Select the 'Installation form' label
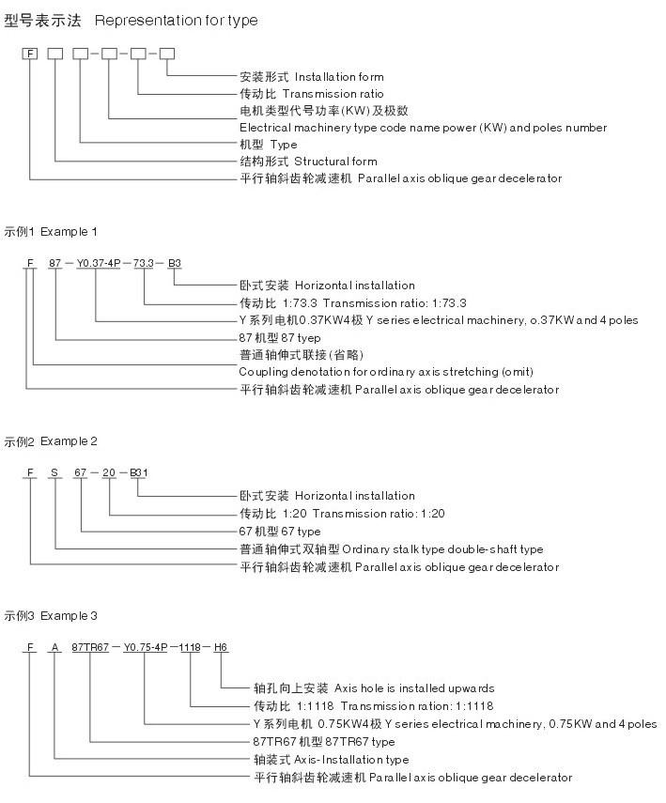click(339, 77)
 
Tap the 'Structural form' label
click(335, 162)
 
